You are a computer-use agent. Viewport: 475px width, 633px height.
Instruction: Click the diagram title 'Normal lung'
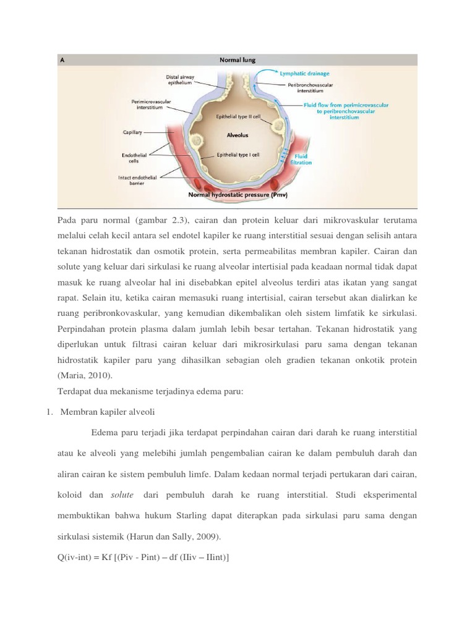point(237,60)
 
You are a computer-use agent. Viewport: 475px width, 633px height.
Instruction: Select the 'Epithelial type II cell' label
point(239,116)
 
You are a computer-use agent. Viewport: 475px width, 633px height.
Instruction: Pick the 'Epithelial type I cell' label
point(238,155)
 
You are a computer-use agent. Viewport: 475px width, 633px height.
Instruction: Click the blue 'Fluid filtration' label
point(303,159)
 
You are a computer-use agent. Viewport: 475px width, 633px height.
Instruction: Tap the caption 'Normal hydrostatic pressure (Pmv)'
point(237,194)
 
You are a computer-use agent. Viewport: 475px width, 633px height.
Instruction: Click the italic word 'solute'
point(122,495)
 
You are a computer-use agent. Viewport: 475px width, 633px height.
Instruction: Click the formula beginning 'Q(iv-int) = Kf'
point(143,558)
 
